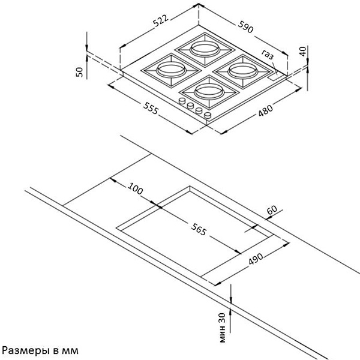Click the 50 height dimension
(79, 71)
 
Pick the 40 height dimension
(303, 51)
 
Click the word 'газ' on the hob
(268, 56)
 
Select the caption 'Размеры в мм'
(40, 349)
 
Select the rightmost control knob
(208, 114)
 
